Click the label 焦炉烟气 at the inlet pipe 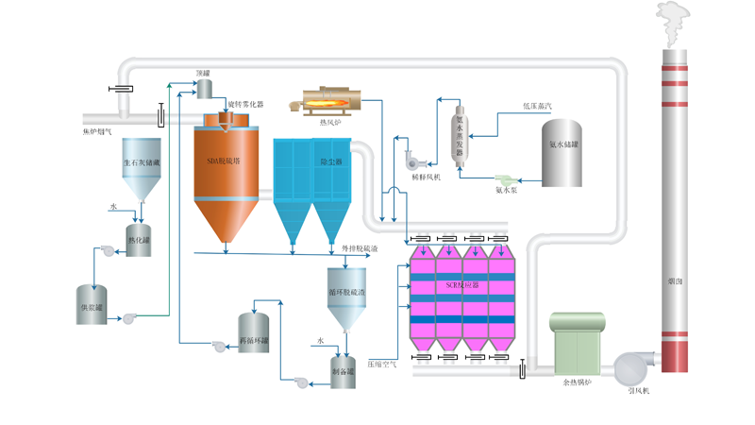tap(96, 131)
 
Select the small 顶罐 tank tap(202, 88)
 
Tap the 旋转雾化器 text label tap(246, 103)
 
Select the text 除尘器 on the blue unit tap(331, 163)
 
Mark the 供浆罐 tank tap(92, 305)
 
